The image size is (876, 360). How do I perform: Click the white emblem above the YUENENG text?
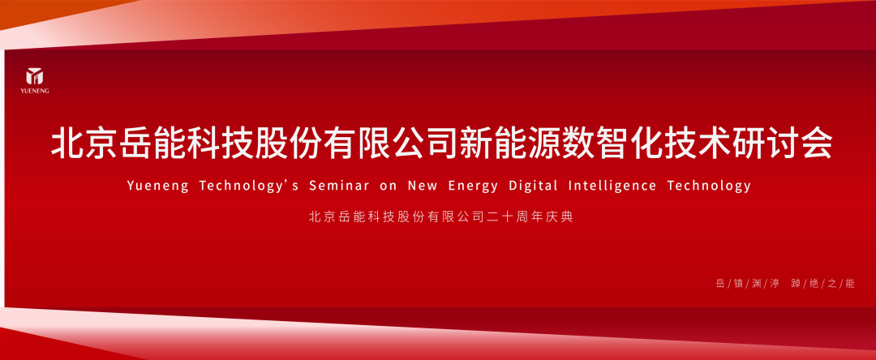pyautogui.click(x=35, y=76)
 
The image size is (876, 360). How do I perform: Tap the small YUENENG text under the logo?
pyautogui.click(x=35, y=91)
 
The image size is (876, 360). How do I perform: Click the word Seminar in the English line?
pyautogui.click(x=339, y=186)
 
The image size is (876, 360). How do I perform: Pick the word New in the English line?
pyautogui.click(x=423, y=186)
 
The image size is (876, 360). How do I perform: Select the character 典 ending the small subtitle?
pyautogui.click(x=567, y=217)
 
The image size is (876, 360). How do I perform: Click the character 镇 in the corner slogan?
pyautogui.click(x=739, y=284)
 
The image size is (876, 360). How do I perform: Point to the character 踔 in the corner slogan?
pyautogui.click(x=797, y=284)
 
